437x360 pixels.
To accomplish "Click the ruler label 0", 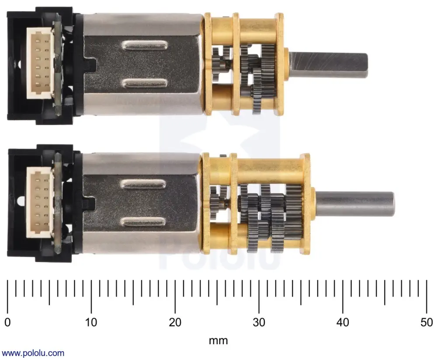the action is click(7, 322).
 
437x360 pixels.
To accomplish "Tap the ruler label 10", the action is click(91, 322).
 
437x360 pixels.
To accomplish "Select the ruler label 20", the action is click(175, 322).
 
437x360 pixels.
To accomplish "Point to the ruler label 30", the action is click(259, 322).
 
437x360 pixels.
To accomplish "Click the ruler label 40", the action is click(343, 322).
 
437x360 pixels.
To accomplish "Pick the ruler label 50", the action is click(427, 322).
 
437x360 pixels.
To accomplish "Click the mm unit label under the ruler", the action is click(218, 340).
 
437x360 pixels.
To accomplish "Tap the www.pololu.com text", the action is click(33, 353).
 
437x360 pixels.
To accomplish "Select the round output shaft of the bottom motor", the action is click(354, 204).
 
